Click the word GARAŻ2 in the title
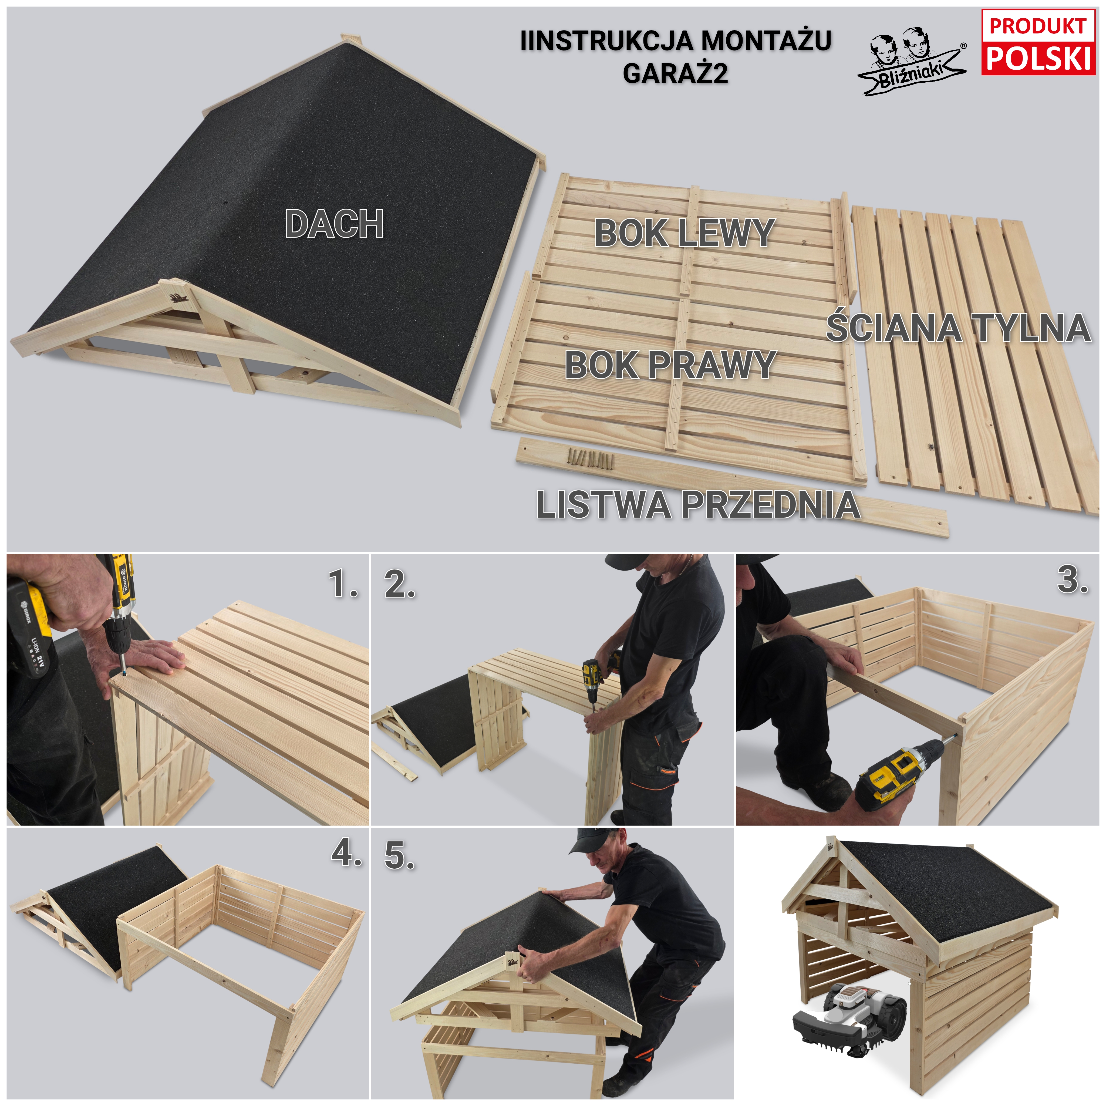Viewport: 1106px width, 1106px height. pos(676,73)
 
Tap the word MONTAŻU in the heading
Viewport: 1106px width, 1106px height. pos(766,41)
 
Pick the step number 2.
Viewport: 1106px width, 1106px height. pos(400,585)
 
